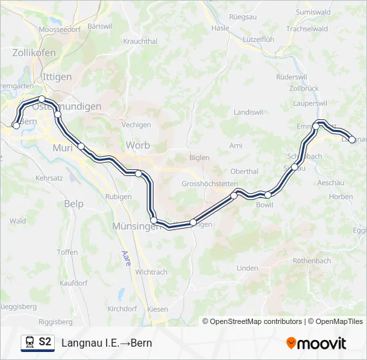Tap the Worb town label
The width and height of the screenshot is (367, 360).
point(137,145)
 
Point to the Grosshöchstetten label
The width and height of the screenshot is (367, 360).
point(209,183)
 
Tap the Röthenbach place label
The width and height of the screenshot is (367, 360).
point(311,261)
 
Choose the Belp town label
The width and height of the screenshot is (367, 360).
point(73,203)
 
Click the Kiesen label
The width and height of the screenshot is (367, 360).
point(157,309)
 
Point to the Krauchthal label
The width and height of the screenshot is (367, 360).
point(140,41)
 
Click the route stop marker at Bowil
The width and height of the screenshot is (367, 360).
point(268,195)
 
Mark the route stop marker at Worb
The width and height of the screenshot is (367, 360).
point(139,173)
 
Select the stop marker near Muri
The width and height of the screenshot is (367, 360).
point(81,146)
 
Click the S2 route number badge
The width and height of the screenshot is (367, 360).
point(45,343)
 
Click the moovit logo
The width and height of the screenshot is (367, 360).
point(316,343)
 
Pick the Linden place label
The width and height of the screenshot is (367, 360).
point(247,268)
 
